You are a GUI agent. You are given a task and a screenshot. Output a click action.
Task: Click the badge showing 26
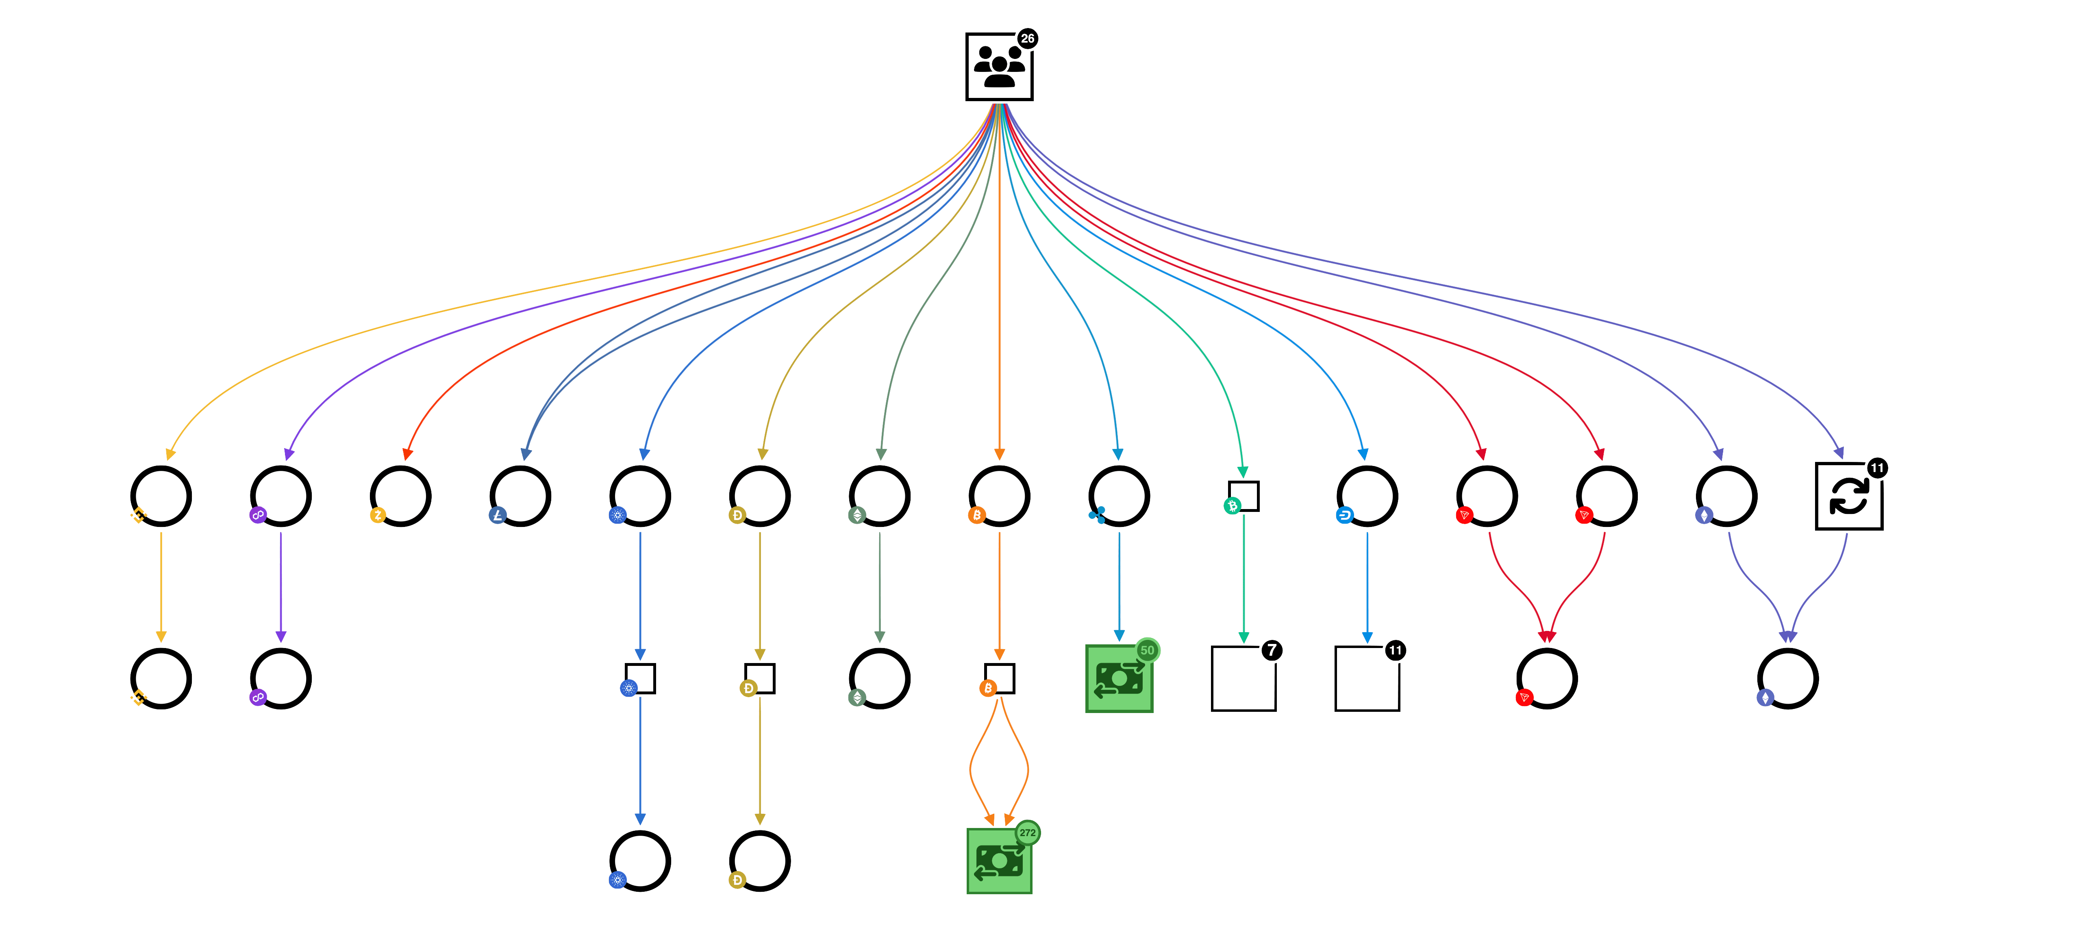tap(1027, 39)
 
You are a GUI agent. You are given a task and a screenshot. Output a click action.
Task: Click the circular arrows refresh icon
tap(1849, 496)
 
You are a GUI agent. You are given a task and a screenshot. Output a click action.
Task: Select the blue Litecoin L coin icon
tap(498, 515)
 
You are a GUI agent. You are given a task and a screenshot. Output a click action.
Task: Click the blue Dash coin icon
tap(1344, 515)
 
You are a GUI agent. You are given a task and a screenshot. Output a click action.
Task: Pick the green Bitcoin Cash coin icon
tap(1232, 506)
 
